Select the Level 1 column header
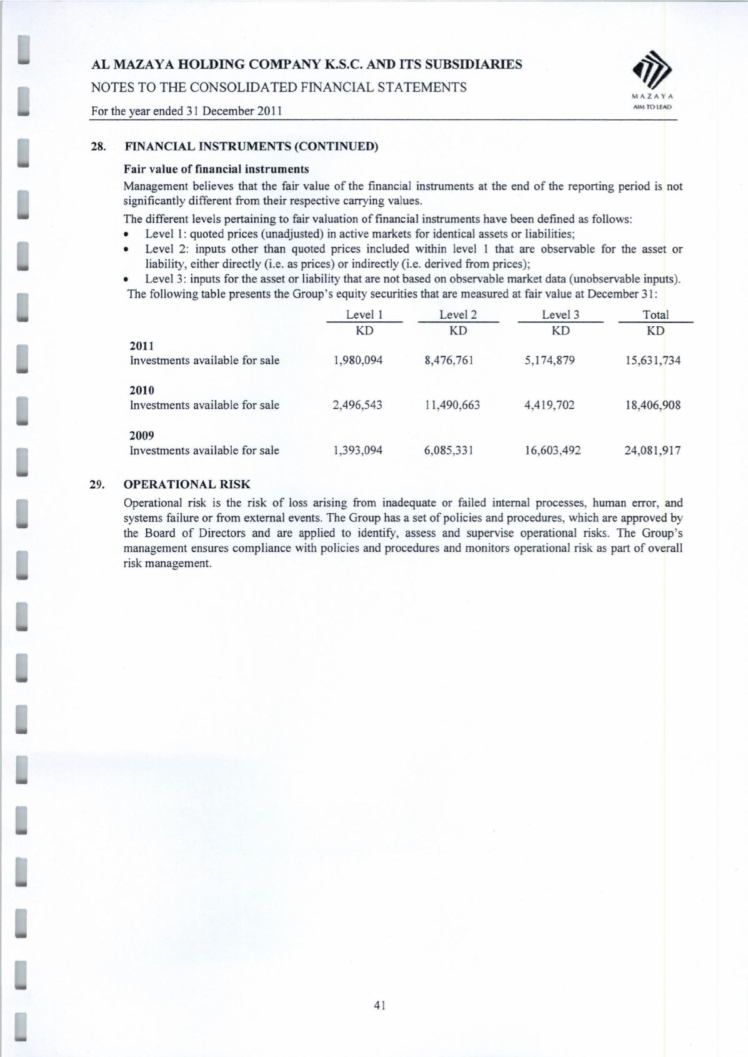tap(364, 315)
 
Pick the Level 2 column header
tap(458, 315)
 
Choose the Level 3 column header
tap(561, 315)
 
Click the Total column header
tap(656, 315)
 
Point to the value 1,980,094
tap(358, 360)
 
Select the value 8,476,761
tap(449, 360)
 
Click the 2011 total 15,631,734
tap(653, 360)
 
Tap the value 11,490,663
tap(452, 405)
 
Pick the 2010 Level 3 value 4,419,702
tap(549, 405)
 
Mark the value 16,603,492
tap(552, 450)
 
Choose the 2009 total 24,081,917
tap(653, 450)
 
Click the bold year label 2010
tap(142, 391)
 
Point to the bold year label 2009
tap(142, 436)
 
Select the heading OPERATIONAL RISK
tap(187, 484)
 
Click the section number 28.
tap(97, 148)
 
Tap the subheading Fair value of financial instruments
tap(216, 169)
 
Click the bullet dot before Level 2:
tap(127, 249)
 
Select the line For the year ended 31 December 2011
tap(186, 111)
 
